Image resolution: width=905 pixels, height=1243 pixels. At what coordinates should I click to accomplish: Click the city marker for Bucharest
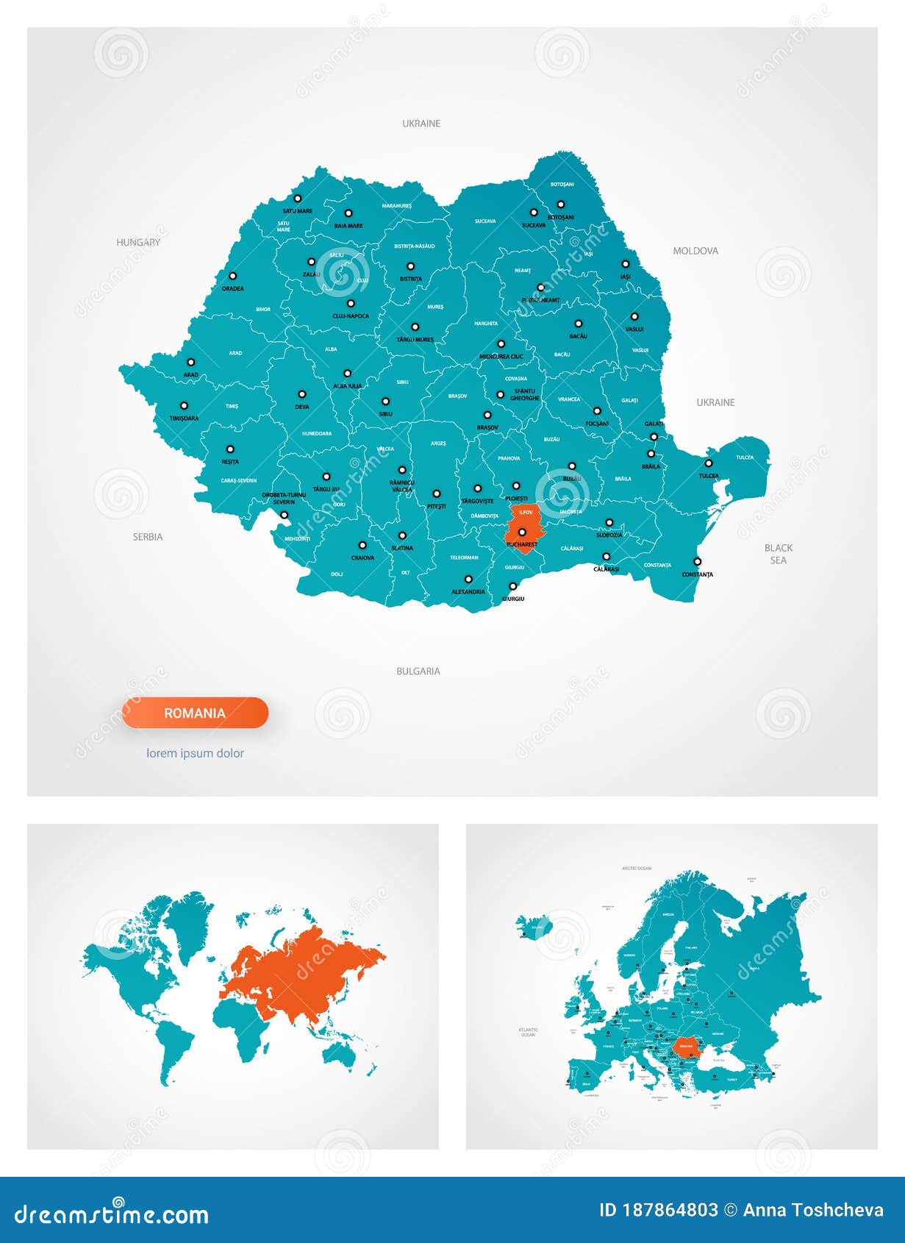(522, 532)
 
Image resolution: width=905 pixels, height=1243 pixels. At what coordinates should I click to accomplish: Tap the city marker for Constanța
(697, 561)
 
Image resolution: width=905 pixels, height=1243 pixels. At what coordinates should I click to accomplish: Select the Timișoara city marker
(184, 405)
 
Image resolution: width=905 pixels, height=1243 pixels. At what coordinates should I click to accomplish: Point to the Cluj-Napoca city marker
(351, 303)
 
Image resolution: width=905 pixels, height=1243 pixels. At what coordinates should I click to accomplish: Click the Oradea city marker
(232, 277)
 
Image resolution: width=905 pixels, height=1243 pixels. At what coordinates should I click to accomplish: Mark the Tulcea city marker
(709, 463)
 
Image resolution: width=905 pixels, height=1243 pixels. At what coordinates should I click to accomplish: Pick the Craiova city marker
(362, 546)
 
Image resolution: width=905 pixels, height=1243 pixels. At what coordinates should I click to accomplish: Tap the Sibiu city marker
(385, 402)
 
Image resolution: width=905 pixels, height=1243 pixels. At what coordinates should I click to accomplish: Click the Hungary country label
(138, 242)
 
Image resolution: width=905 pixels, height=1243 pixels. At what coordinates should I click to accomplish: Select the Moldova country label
(695, 251)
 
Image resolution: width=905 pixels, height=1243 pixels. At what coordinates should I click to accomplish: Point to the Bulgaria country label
(418, 671)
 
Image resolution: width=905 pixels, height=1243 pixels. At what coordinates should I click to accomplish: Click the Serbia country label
(148, 537)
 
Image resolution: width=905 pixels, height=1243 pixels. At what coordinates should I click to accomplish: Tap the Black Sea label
(779, 554)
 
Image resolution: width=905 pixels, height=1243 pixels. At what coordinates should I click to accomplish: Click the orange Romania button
(195, 713)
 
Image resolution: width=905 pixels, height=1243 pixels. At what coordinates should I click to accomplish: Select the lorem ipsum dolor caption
(195, 753)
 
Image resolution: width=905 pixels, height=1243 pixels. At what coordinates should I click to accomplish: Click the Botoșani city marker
(560, 204)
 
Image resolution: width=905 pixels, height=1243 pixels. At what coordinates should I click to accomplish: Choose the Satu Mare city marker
(298, 198)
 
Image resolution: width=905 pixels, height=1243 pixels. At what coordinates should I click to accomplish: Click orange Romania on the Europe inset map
(686, 1044)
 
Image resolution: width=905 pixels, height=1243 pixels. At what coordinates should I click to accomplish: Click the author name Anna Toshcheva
(813, 1210)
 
